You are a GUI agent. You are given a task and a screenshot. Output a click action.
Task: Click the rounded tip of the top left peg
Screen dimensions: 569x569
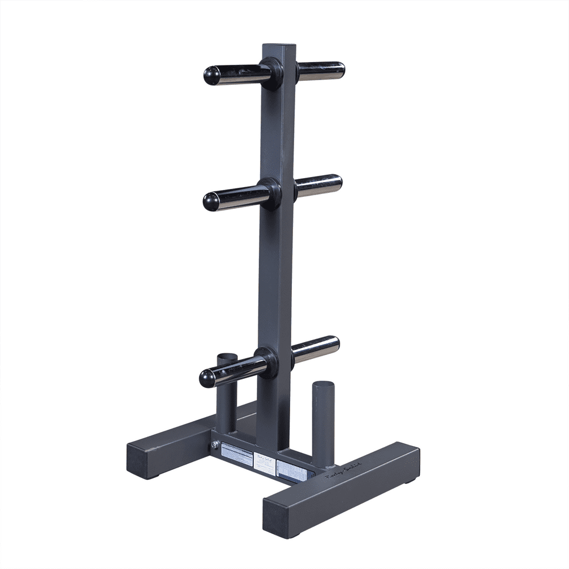[x=212, y=76]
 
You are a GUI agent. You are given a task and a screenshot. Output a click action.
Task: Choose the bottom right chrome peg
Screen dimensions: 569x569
[x=316, y=348]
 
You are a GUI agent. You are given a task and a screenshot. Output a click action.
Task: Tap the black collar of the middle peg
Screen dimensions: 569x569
[x=270, y=193]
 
